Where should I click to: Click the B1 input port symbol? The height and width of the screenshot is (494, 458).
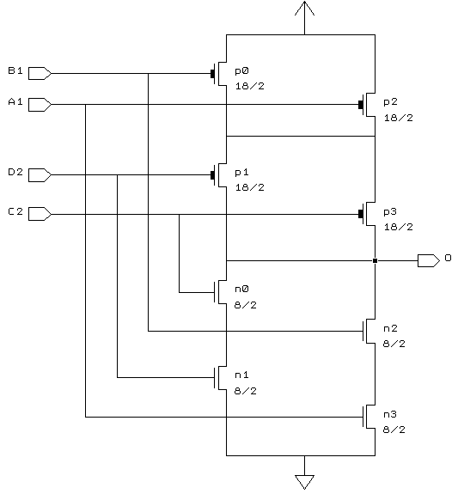click(40, 73)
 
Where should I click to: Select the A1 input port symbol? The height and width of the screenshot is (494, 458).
click(40, 105)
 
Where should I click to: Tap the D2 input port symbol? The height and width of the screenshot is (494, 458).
click(40, 175)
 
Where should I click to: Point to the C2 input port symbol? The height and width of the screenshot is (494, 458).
click(40, 214)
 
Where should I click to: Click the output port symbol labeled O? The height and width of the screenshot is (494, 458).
click(429, 261)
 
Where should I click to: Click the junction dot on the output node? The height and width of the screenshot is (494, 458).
click(376, 261)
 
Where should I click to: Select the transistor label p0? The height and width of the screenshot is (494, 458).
click(241, 71)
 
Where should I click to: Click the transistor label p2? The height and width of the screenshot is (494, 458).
click(390, 102)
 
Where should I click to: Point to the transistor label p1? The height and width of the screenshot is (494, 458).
click(241, 173)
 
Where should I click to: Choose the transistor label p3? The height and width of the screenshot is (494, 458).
click(390, 211)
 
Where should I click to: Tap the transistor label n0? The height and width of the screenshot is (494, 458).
click(241, 289)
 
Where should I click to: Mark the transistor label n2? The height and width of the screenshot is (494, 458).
click(390, 328)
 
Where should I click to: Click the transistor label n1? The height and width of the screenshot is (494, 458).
click(241, 375)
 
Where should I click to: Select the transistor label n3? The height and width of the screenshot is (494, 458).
click(390, 415)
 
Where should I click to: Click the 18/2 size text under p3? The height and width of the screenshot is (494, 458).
click(399, 227)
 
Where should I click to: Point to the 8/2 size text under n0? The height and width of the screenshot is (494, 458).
click(246, 305)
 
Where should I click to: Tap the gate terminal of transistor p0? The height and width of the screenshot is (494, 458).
click(212, 74)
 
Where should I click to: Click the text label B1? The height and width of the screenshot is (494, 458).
click(15, 70)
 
